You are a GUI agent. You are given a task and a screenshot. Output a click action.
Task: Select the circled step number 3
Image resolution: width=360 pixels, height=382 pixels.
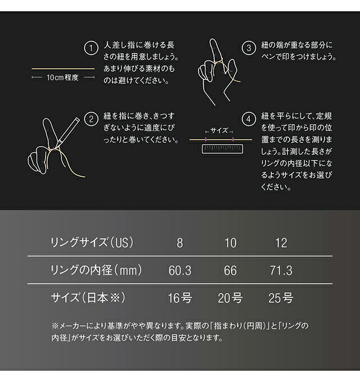point(248,48)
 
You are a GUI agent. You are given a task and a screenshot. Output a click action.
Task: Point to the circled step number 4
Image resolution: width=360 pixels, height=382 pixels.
point(248,119)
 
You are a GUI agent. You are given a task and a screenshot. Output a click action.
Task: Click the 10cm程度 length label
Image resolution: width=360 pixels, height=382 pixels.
point(63,78)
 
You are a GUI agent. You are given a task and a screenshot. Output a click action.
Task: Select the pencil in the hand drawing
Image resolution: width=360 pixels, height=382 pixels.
point(68,130)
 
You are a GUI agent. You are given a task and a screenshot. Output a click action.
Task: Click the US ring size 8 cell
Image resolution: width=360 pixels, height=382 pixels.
point(180,243)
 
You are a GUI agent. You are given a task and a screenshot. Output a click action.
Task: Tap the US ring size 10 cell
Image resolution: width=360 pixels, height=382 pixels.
point(231,243)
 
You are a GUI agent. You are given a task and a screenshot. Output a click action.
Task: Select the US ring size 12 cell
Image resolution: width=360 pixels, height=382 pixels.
point(281,243)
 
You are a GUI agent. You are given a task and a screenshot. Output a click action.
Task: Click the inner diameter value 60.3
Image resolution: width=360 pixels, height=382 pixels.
point(180,271)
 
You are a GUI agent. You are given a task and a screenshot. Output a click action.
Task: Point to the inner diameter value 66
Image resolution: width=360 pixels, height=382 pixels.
point(231,271)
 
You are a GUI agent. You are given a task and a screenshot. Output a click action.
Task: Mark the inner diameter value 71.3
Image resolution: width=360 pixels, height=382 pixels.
point(281,271)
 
